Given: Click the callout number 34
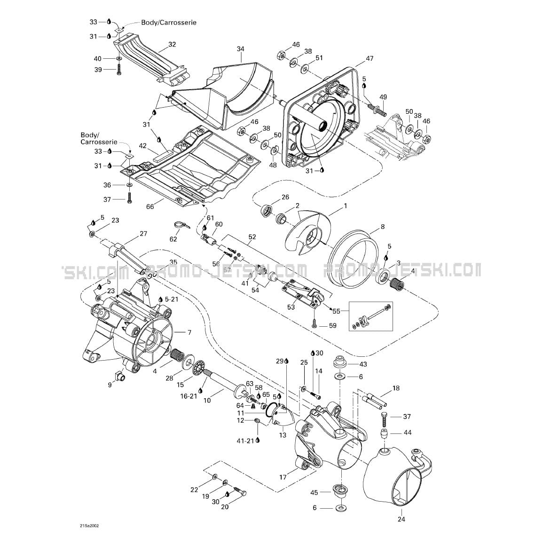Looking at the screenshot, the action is click(x=240, y=49).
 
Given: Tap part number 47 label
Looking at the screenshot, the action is click(x=370, y=58).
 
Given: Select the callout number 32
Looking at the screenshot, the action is click(x=172, y=44).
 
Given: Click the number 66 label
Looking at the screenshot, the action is click(x=150, y=206).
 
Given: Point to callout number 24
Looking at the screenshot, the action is click(x=401, y=519).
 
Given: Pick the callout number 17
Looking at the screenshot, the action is click(x=283, y=477).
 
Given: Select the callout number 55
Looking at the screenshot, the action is click(x=336, y=311).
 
